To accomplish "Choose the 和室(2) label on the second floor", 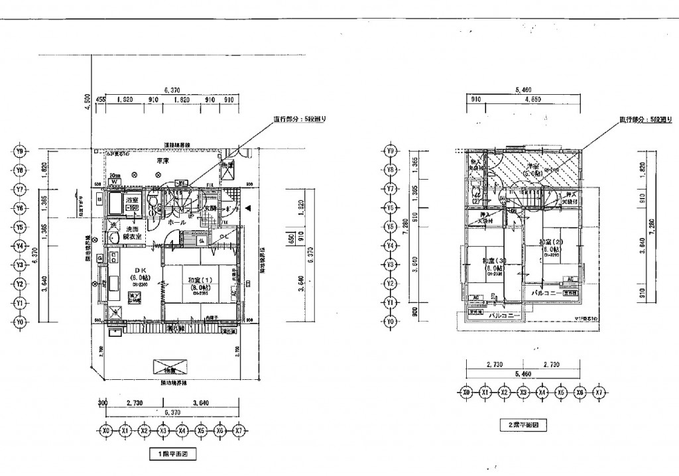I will click(550, 243).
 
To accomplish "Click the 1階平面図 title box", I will click(173, 455).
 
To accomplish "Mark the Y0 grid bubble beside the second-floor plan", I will click(391, 322).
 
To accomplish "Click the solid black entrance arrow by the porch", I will click(247, 208).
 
